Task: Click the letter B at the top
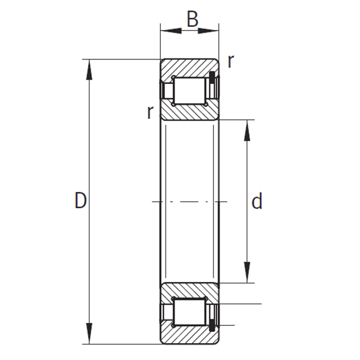pos(193,19)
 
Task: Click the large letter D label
pos(80,200)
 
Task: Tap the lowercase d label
pos(257,200)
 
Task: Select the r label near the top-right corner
pos(230,62)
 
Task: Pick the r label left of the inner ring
pos(150,112)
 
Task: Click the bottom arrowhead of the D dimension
pos(89,334)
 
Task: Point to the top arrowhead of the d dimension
pos(247,130)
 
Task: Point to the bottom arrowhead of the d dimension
pos(247,272)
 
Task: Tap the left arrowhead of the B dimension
pos(171,31)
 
